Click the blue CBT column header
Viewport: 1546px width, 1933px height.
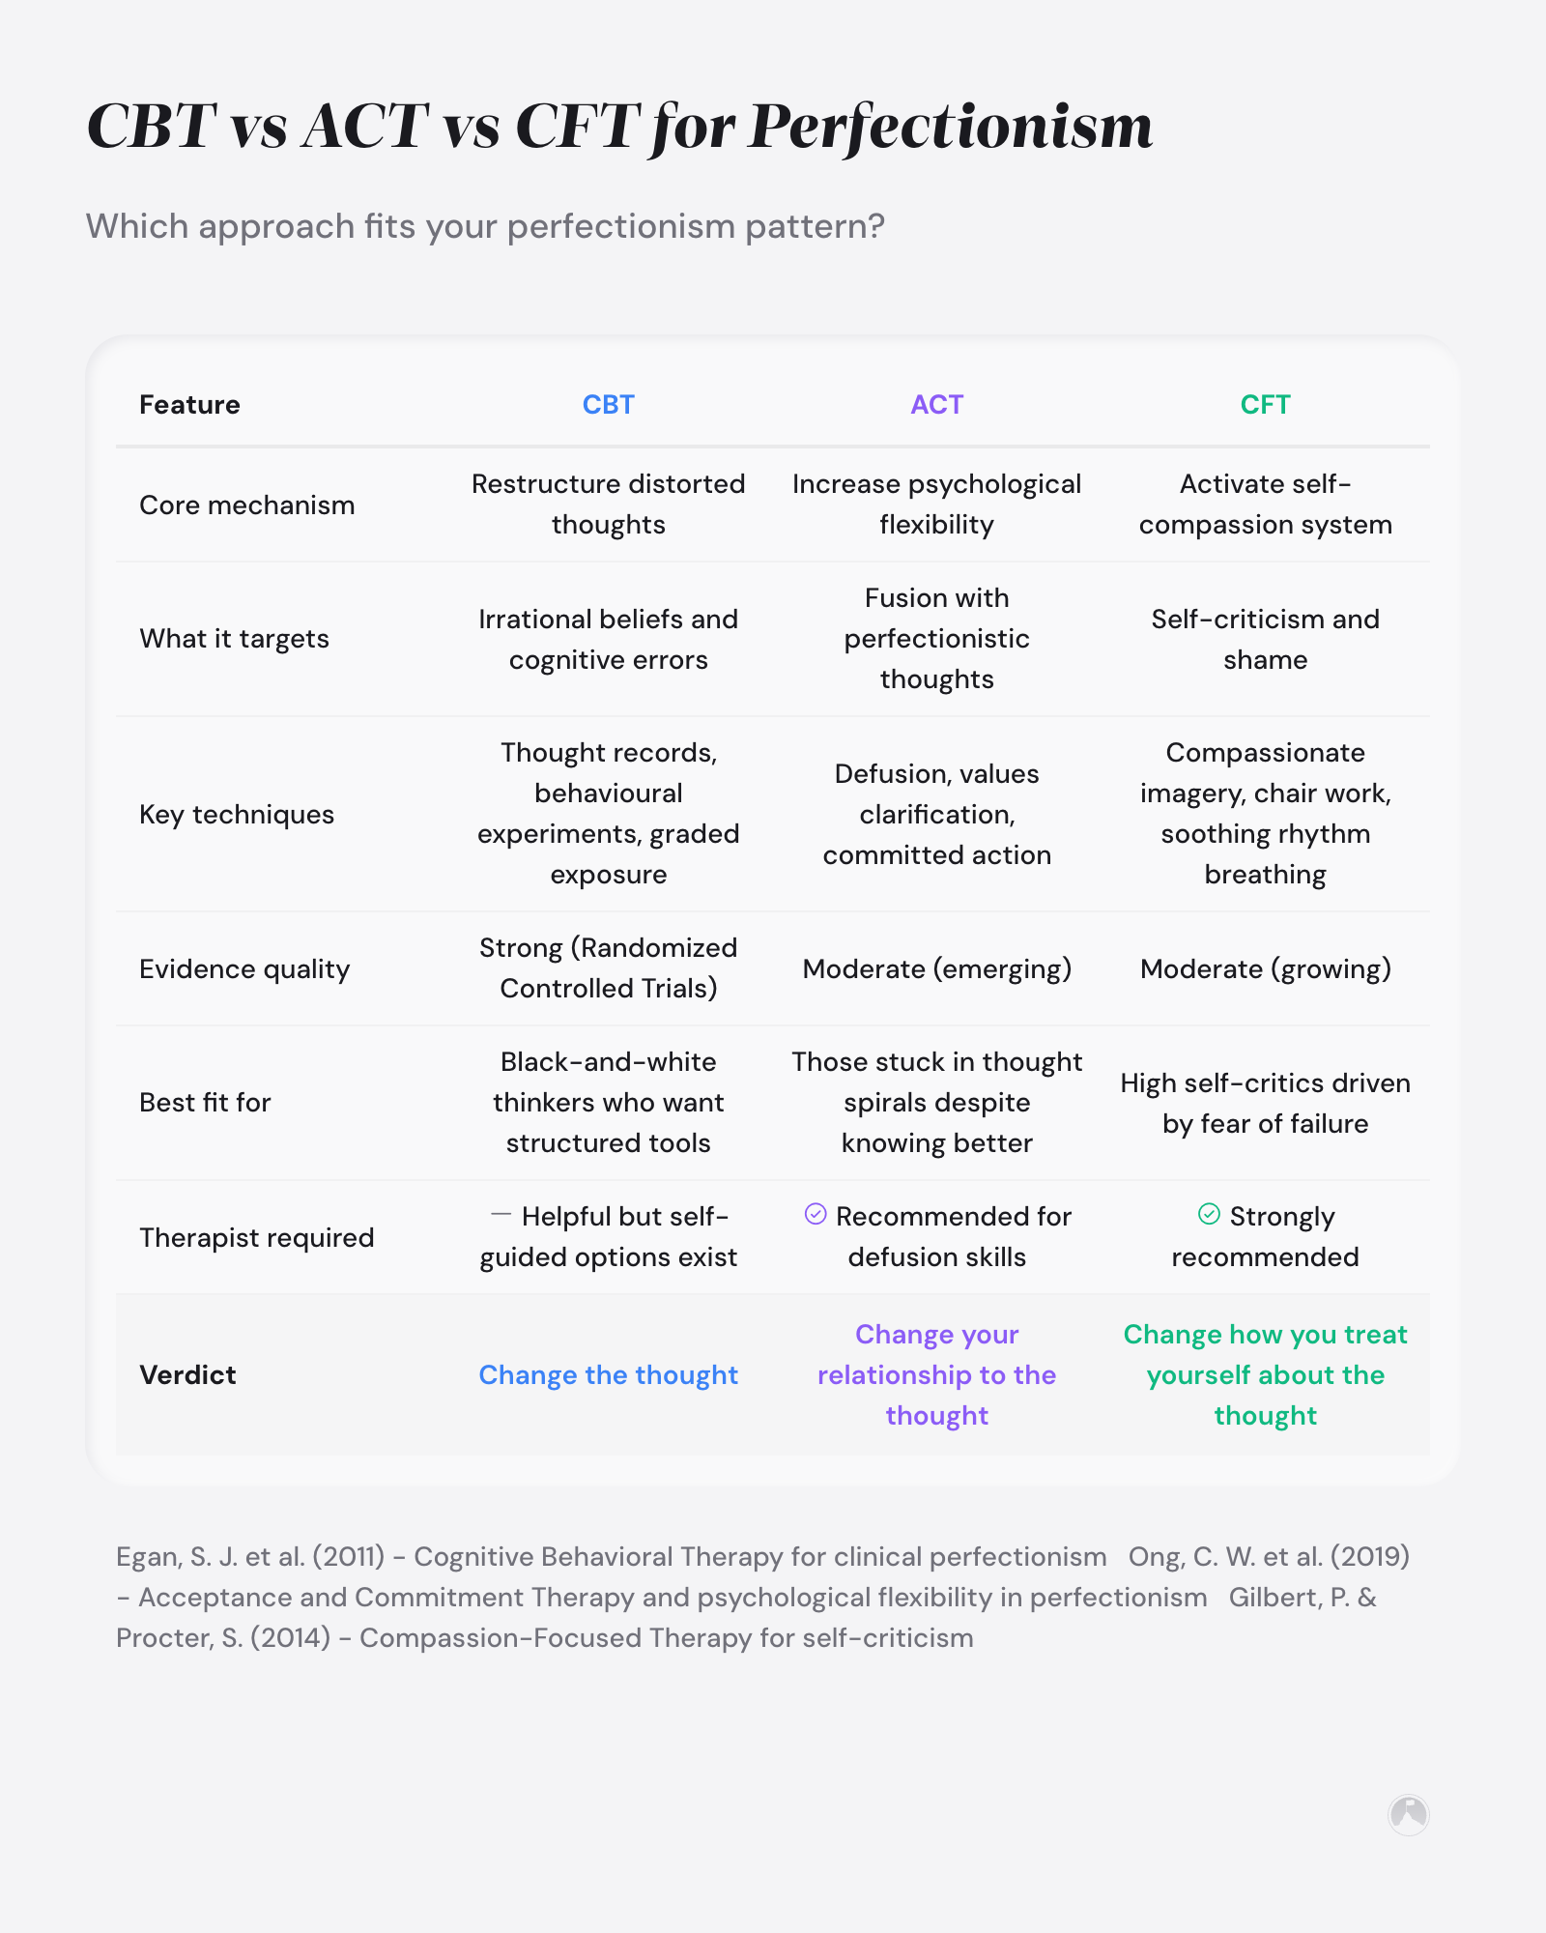click(608, 404)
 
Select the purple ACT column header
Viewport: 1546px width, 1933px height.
click(936, 404)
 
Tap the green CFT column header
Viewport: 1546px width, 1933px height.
click(1265, 404)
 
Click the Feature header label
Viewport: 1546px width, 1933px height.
click(189, 404)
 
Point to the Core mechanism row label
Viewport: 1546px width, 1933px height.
click(246, 505)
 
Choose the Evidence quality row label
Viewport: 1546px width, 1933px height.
click(244, 968)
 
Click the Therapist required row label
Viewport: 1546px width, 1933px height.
click(256, 1237)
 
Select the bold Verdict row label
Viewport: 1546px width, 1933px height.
click(187, 1374)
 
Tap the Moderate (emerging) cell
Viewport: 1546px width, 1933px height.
click(936, 968)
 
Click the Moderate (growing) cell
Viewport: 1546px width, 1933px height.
click(1265, 968)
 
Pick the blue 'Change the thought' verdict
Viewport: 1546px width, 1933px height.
click(608, 1374)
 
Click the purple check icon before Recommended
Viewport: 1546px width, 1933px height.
click(816, 1214)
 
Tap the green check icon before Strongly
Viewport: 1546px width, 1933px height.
click(1209, 1214)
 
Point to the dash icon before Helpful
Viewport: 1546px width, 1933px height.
click(501, 1214)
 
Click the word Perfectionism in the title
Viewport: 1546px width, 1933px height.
click(950, 126)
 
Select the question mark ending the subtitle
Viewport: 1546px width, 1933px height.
click(875, 226)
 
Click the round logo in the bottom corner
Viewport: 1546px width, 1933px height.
click(1408, 1814)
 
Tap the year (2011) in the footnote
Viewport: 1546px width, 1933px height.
click(348, 1556)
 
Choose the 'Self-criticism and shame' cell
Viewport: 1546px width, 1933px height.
click(1265, 639)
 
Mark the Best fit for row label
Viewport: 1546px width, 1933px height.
click(205, 1102)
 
